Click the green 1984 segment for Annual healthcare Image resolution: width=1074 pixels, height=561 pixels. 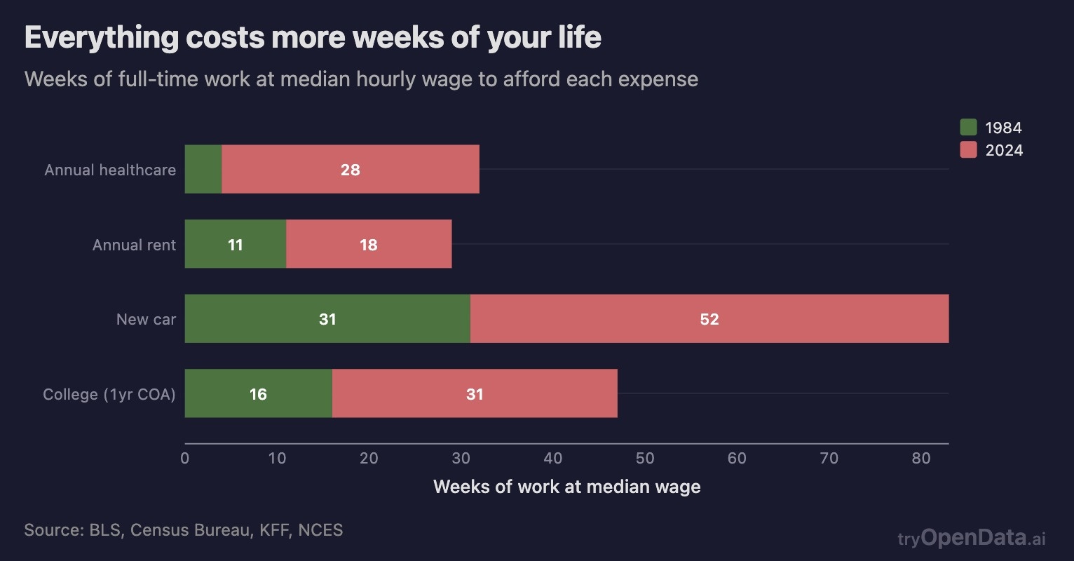click(203, 169)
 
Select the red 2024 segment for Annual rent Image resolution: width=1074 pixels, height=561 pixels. click(369, 244)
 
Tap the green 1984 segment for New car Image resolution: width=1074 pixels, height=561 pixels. click(327, 319)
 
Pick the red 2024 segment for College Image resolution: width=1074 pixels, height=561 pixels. click(475, 393)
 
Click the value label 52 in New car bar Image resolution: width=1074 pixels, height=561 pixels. click(709, 320)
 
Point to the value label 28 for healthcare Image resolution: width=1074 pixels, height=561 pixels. click(351, 170)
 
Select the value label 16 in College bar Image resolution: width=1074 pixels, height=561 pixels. click(258, 394)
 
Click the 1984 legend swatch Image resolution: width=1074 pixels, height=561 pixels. click(968, 127)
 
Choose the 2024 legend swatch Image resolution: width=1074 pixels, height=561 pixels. click(968, 149)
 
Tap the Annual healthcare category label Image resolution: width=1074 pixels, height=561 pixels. click(110, 170)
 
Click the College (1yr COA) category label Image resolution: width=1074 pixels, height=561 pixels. click(109, 394)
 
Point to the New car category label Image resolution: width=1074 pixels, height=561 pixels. click(146, 320)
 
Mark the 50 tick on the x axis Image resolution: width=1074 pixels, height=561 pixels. click(645, 459)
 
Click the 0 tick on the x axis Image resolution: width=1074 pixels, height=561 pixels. click(185, 459)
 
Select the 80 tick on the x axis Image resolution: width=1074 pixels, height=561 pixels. click(921, 459)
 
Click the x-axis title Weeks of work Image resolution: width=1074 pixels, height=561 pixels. click(566, 487)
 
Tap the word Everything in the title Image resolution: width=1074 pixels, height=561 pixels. click(102, 37)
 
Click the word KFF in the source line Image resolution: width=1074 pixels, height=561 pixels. click(274, 529)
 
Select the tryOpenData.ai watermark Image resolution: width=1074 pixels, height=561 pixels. click(972, 538)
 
